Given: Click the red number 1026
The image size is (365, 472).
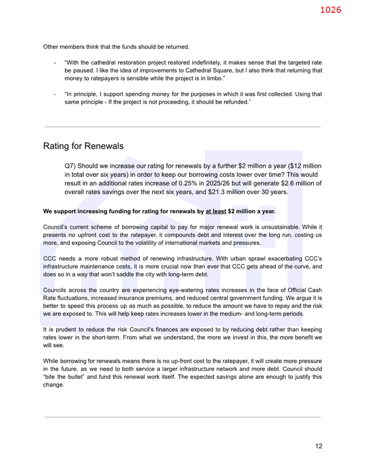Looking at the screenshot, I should [330, 10].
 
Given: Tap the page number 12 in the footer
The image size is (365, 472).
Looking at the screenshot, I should [318, 446].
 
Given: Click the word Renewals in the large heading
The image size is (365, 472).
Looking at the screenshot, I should [103, 147].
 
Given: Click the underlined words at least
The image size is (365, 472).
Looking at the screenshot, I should [215, 211].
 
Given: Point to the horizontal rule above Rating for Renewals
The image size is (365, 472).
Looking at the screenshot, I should [182, 127].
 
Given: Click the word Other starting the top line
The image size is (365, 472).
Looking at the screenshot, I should [51, 47].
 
